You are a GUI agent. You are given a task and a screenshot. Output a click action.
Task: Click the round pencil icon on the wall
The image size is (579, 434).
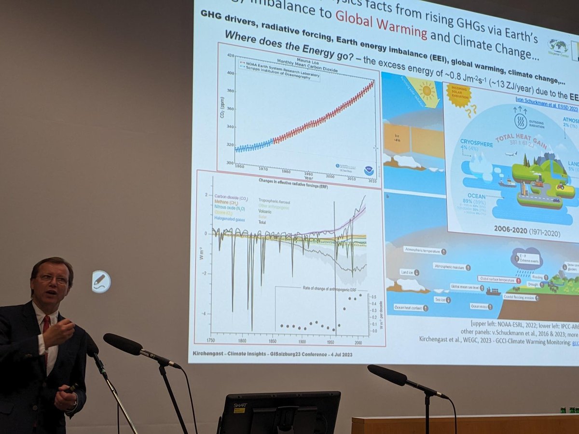click(101, 281)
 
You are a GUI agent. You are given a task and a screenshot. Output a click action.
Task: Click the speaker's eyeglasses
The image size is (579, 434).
click(53, 279)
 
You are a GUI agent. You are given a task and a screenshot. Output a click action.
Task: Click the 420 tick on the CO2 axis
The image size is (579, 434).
click(230, 55)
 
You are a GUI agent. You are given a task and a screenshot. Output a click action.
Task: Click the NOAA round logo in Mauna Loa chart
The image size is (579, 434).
click(369, 171)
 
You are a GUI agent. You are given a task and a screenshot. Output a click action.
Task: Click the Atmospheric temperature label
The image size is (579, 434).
click(423, 251)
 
